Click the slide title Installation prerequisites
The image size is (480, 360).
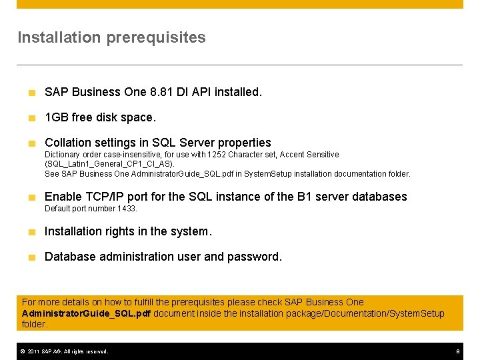(111, 37)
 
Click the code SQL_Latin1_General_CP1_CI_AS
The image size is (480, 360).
(109, 164)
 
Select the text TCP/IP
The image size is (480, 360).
(103, 197)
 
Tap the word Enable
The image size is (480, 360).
(63, 197)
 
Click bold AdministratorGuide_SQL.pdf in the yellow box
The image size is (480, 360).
(86, 313)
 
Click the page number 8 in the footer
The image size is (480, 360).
(458, 351)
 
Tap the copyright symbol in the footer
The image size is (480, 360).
(21, 351)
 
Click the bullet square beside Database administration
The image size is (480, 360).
(31, 257)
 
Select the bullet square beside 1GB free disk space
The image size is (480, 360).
(31, 118)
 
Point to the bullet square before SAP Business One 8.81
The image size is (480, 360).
(31, 93)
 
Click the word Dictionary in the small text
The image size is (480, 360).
(61, 155)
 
